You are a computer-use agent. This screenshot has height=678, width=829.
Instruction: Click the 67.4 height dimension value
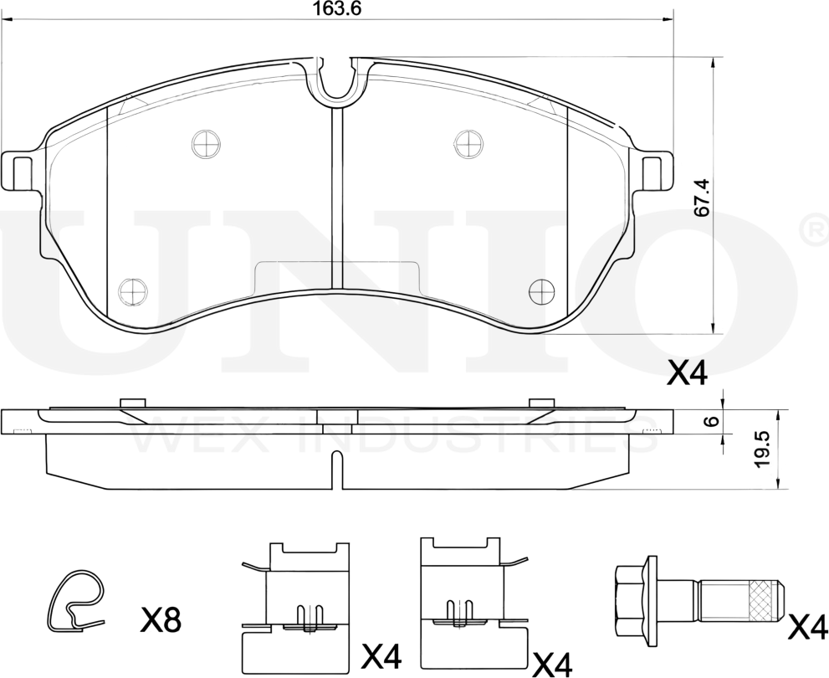click(x=703, y=198)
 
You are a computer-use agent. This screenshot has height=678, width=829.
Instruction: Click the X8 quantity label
click(x=161, y=621)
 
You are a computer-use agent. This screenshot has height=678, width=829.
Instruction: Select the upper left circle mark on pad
click(x=205, y=144)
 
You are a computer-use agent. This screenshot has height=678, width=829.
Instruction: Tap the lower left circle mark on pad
click(x=132, y=290)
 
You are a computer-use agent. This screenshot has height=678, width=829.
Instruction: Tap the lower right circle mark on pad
click(x=542, y=290)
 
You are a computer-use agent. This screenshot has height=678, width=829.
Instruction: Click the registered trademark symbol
click(x=816, y=229)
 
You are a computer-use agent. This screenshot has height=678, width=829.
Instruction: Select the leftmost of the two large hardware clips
click(x=295, y=604)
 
